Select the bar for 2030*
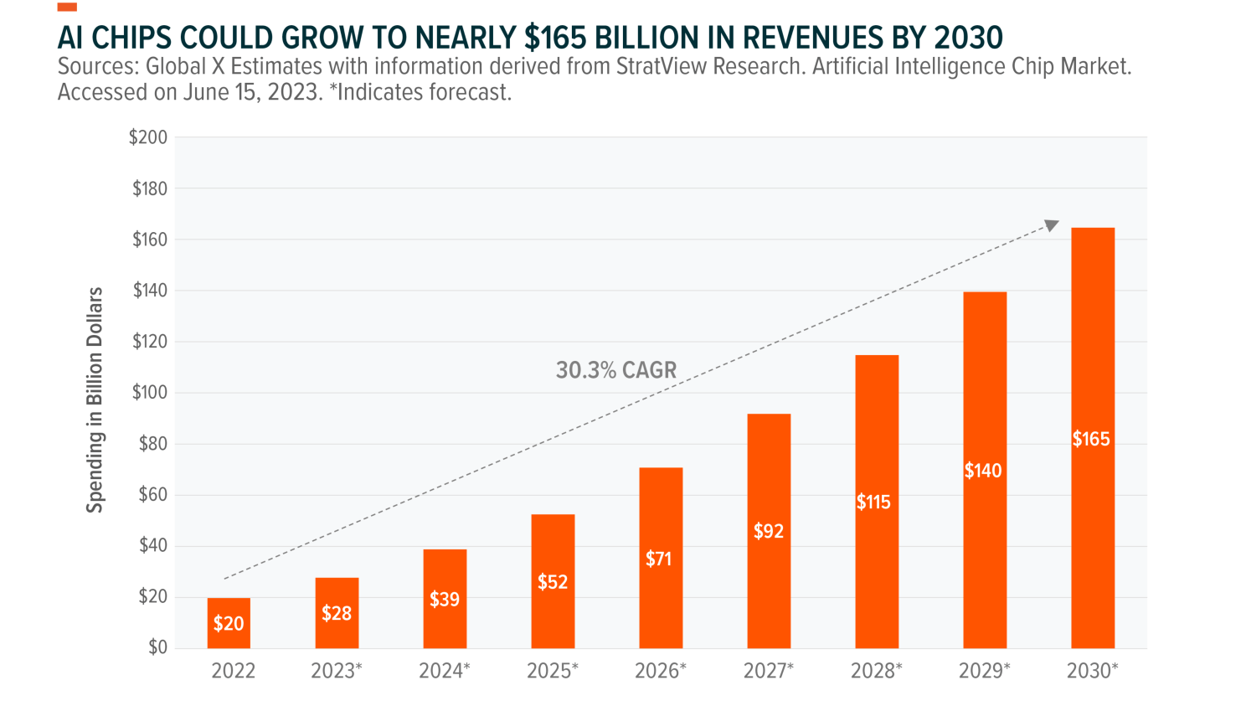[x=1093, y=437]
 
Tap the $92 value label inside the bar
[x=768, y=531]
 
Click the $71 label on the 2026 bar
[x=659, y=559]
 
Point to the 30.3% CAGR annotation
[x=615, y=370]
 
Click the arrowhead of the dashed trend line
[x=1052, y=225]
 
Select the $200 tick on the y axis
[x=148, y=137]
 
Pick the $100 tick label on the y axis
[x=149, y=393]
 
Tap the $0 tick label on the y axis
[x=157, y=647]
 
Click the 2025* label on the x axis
[x=553, y=671]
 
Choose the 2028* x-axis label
[x=877, y=671]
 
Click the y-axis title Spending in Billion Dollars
[x=95, y=399]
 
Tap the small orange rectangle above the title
[x=67, y=7]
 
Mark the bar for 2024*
[x=445, y=598]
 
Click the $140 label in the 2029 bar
[x=983, y=471]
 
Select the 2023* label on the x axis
[x=337, y=671]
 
